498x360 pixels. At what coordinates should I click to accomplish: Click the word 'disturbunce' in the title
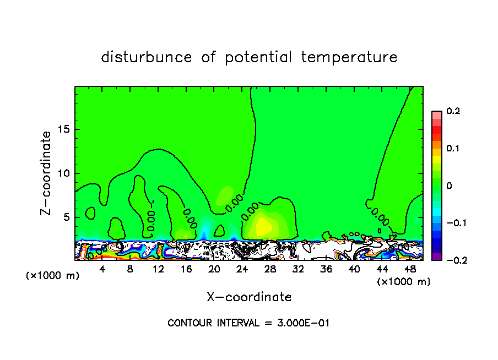click(147, 57)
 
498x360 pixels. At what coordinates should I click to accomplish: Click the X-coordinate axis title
click(249, 297)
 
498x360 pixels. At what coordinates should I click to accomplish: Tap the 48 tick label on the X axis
click(409, 269)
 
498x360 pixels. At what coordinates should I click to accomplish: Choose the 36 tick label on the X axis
click(326, 269)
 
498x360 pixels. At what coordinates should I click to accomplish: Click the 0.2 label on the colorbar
click(453, 111)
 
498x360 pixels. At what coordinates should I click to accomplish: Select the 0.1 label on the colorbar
click(453, 149)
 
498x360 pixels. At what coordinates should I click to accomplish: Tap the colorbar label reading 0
click(449, 186)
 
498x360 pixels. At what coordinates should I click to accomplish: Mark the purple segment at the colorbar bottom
click(437, 257)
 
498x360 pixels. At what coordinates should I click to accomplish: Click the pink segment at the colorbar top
click(437, 114)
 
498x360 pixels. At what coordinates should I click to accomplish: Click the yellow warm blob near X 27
click(262, 226)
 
